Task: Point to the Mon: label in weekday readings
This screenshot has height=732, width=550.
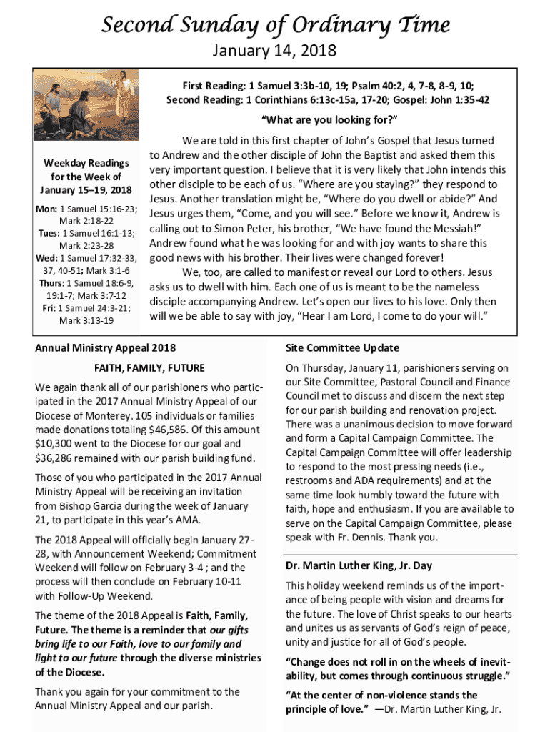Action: [x=47, y=208]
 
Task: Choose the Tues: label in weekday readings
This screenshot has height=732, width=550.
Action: [x=49, y=233]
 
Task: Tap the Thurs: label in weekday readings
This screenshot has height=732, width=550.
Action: [x=52, y=283]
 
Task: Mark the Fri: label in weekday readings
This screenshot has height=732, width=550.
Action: [x=48, y=308]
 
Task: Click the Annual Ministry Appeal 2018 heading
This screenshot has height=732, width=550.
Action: [x=105, y=348]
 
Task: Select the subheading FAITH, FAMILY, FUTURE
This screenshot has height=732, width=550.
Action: [x=149, y=368]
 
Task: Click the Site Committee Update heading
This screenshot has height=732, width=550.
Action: [x=342, y=348]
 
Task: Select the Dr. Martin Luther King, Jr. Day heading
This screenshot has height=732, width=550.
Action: [x=359, y=565]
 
